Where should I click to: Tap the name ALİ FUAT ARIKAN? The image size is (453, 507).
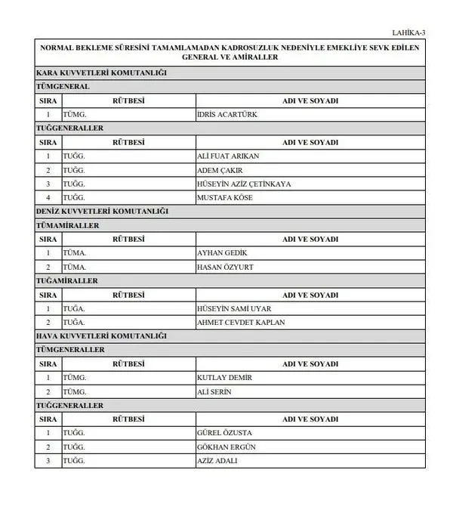pyautogui.click(x=227, y=156)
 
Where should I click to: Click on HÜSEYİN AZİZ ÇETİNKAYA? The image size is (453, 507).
pyautogui.click(x=243, y=184)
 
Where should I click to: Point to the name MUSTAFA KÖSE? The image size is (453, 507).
pyautogui.click(x=224, y=197)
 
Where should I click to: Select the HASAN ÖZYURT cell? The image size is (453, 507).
pyautogui.click(x=224, y=267)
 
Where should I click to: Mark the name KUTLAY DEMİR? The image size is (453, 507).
pyautogui.click(x=224, y=377)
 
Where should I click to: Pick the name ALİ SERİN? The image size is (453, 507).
pyautogui.click(x=214, y=391)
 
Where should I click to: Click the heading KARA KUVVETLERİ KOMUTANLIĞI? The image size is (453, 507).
pyautogui.click(x=101, y=73)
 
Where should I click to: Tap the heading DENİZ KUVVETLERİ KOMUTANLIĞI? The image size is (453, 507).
pyautogui.click(x=102, y=211)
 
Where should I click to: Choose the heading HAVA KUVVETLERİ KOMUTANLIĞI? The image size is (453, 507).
pyautogui.click(x=101, y=335)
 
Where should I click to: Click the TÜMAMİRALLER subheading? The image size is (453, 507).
pyautogui.click(x=67, y=225)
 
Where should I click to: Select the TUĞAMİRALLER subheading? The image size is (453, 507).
pyautogui.click(x=67, y=280)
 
